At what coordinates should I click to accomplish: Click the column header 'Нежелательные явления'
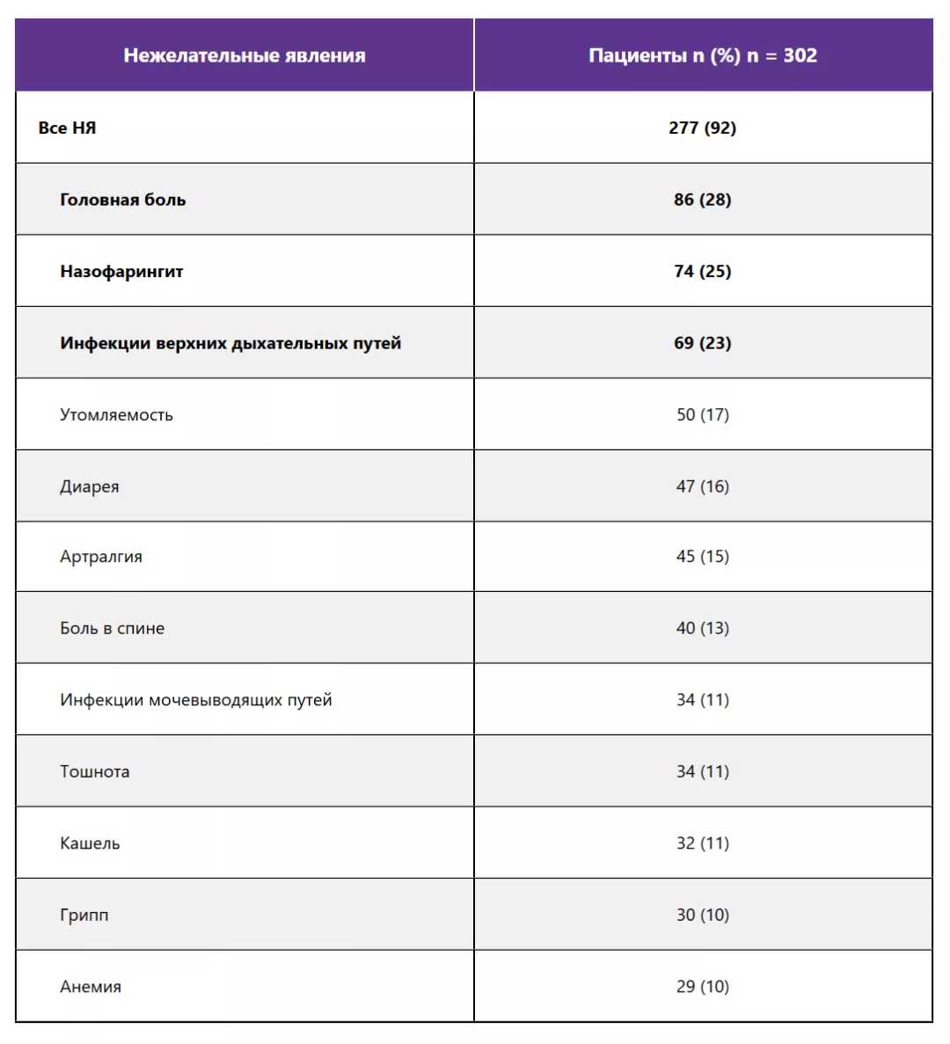tap(244, 55)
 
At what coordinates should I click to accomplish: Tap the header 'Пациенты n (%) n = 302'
tap(702, 55)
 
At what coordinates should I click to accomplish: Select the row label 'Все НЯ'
tap(67, 128)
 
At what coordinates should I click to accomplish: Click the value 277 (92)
tap(702, 128)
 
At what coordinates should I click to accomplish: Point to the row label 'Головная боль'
tap(122, 200)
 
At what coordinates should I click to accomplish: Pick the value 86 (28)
tap(702, 200)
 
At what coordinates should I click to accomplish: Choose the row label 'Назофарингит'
tap(121, 271)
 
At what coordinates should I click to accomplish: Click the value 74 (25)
tap(702, 271)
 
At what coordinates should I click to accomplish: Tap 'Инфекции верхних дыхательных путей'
tap(230, 343)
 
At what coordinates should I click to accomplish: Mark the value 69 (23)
tap(702, 343)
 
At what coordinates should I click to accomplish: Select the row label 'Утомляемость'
tap(116, 414)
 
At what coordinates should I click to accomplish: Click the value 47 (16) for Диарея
tap(702, 486)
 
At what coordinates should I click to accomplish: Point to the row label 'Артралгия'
tap(100, 557)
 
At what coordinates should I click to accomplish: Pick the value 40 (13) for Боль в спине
tap(702, 628)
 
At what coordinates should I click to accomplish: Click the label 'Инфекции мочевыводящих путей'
tap(195, 700)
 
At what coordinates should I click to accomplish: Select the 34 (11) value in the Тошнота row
tap(702, 771)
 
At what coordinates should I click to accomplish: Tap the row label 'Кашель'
tap(90, 843)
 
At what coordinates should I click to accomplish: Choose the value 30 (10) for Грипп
tap(702, 915)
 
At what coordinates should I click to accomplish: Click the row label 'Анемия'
tap(91, 987)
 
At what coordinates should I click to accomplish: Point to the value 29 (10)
tap(702, 987)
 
